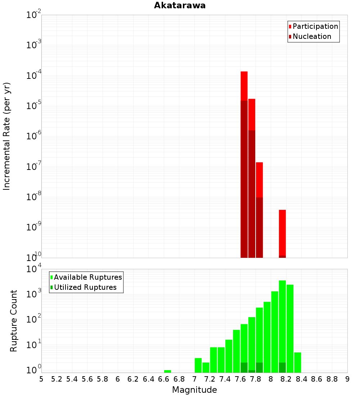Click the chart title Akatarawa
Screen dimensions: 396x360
pos(180,5)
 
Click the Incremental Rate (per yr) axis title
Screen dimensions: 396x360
pos(7,136)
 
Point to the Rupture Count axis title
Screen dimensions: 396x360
pos(14,321)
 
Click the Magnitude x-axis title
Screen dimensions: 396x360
pos(194,390)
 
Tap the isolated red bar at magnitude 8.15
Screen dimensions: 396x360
pos(282,232)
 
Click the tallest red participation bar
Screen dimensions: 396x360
pos(244,86)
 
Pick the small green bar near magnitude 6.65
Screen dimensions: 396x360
pos(168,371)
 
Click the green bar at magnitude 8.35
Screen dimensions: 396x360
pos(297,362)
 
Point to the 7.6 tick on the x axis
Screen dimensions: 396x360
pos(240,379)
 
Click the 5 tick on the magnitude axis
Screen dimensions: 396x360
pos(41,379)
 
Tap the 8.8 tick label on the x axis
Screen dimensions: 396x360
pos(332,379)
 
